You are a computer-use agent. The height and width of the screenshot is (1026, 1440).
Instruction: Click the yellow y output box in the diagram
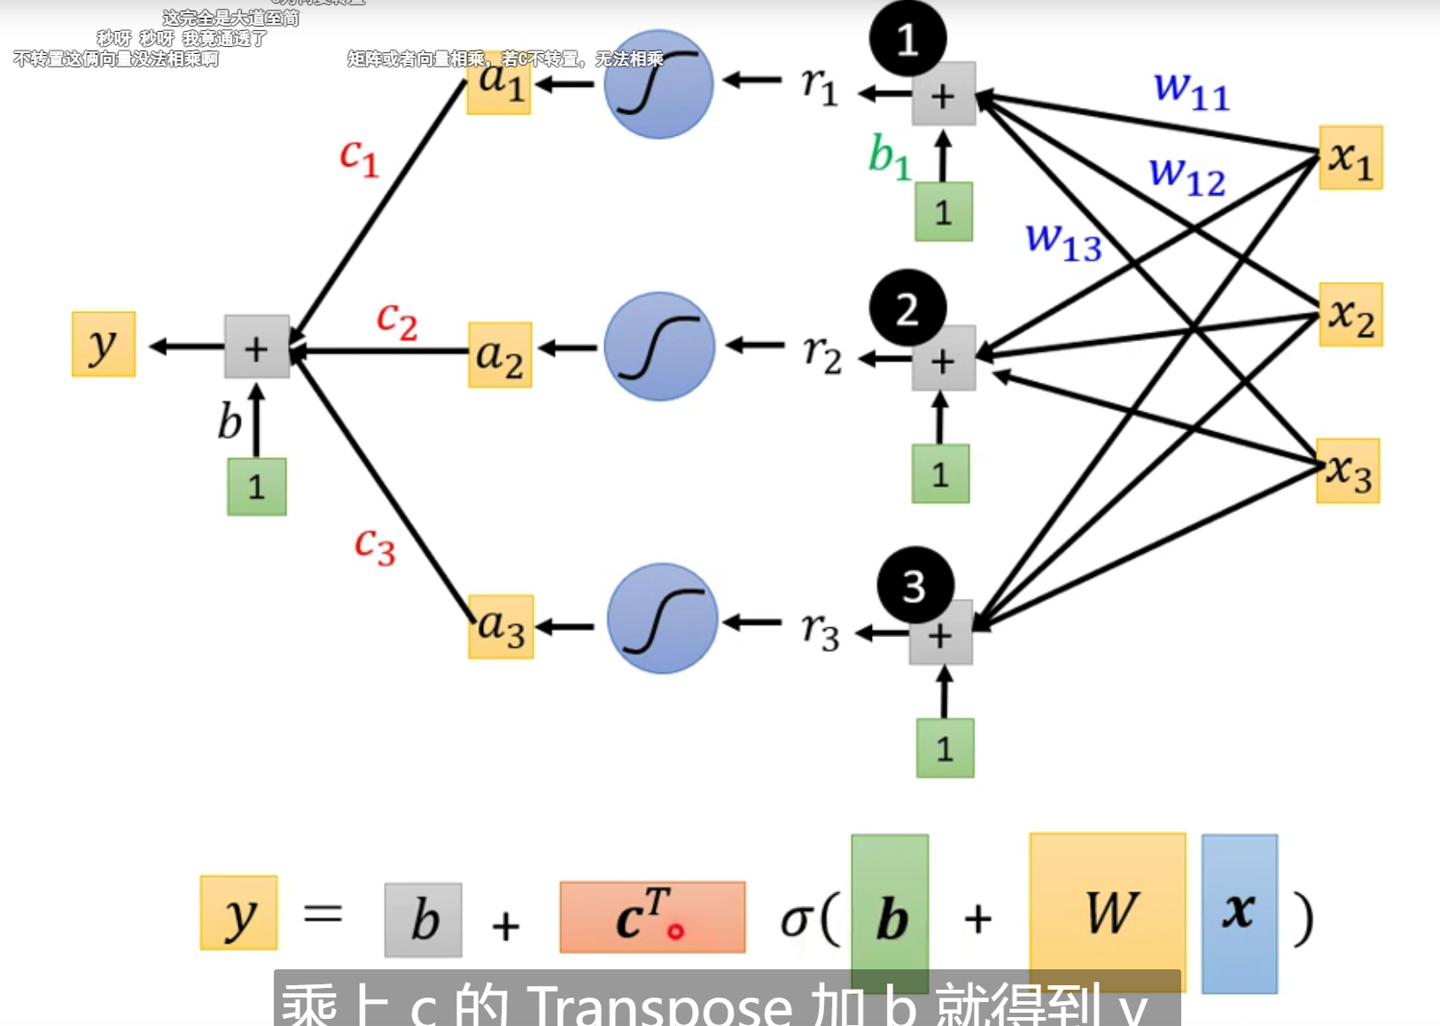click(x=104, y=345)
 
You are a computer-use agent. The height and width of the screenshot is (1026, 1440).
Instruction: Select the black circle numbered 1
click(x=907, y=39)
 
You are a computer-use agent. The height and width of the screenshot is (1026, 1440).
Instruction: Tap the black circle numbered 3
click(x=915, y=586)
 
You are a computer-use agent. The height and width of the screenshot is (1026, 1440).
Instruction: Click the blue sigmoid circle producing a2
click(x=659, y=347)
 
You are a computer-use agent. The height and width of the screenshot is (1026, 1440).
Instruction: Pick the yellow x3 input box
click(x=1348, y=471)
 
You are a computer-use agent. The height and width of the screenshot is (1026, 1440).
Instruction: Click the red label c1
click(x=359, y=158)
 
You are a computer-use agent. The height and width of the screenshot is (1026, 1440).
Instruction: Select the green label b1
click(x=889, y=158)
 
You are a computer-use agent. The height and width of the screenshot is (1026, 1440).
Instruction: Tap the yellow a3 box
click(x=501, y=626)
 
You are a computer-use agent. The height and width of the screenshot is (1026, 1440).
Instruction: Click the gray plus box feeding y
click(x=256, y=346)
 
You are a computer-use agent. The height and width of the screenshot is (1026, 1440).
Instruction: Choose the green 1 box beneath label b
click(x=256, y=486)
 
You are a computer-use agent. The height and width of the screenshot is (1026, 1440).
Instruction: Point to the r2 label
click(x=821, y=354)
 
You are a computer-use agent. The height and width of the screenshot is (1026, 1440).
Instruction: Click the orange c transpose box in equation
click(x=652, y=917)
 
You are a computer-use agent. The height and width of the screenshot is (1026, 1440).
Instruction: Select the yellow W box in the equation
click(x=1108, y=913)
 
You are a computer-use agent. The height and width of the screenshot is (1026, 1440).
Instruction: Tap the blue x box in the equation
click(x=1239, y=913)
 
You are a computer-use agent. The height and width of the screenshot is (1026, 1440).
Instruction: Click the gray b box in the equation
click(x=424, y=920)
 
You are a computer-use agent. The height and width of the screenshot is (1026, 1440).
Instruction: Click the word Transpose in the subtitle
click(x=659, y=1007)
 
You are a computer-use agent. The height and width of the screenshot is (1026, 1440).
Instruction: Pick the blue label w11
click(x=1191, y=90)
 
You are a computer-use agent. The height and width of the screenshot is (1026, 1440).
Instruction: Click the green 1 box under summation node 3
click(x=945, y=749)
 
